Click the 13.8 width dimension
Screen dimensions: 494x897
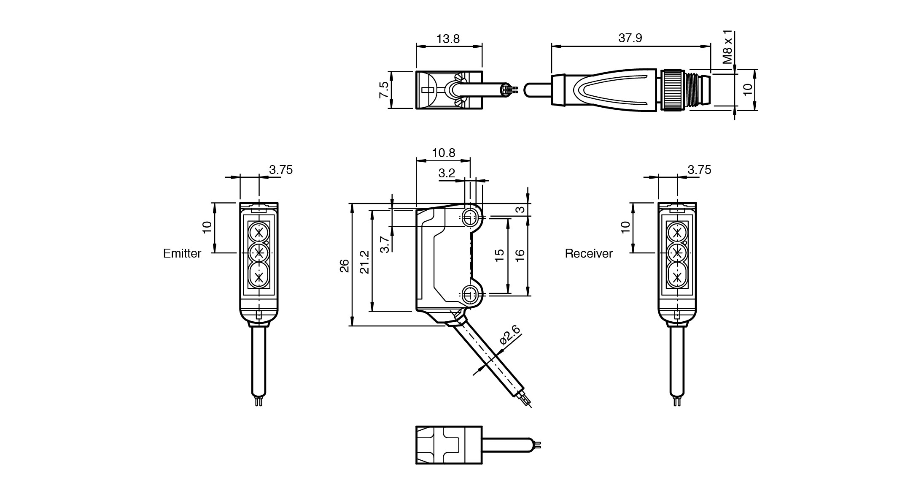tap(448, 39)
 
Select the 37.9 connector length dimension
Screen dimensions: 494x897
tap(630, 38)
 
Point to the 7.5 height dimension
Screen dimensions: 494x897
tap(384, 90)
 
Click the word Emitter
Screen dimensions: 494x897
tap(182, 253)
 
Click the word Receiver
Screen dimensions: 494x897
tap(588, 253)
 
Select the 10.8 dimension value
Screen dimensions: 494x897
tap(444, 153)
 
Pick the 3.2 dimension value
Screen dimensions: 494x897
tap(447, 173)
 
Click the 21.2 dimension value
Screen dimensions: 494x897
tap(365, 262)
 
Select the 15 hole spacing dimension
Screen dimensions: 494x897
tap(499, 255)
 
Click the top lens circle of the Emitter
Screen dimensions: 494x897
tap(259, 233)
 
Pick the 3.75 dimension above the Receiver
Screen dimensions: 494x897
tap(699, 170)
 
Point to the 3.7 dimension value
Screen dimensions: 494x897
tap(385, 244)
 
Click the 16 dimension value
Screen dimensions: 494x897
tap(520, 255)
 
